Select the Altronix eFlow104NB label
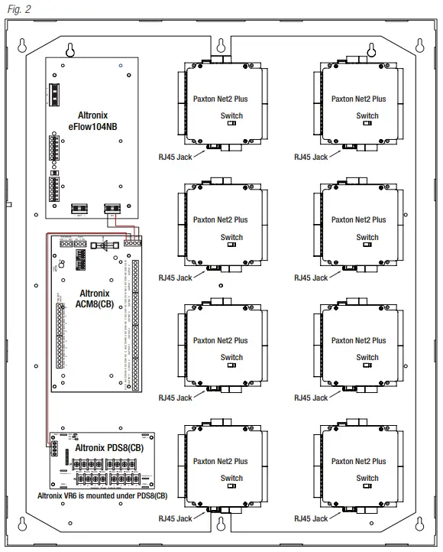[93, 120]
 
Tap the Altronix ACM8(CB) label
[94, 298]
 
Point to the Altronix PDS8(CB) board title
[109, 446]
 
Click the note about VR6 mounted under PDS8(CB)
[102, 495]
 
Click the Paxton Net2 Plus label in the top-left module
[220, 99]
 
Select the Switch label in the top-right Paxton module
[367, 116]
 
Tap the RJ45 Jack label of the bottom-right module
[311, 518]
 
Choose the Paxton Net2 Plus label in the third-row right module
[358, 340]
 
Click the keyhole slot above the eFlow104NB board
[70, 50]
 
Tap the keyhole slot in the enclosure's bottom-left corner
[23, 524]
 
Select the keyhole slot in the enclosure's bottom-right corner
[419, 524]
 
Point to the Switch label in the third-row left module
[231, 357]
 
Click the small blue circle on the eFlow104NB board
[121, 67]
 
